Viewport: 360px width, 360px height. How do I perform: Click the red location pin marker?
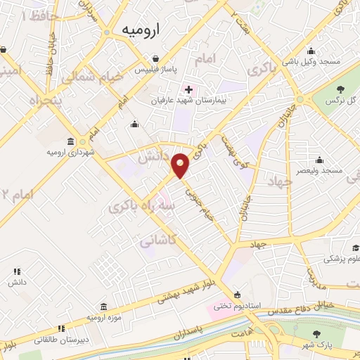coord(181,166)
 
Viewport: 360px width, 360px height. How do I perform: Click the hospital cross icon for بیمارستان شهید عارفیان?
coord(188,89)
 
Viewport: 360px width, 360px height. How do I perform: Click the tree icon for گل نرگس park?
coord(341,89)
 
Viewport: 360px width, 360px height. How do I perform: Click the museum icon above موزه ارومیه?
coord(104,307)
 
